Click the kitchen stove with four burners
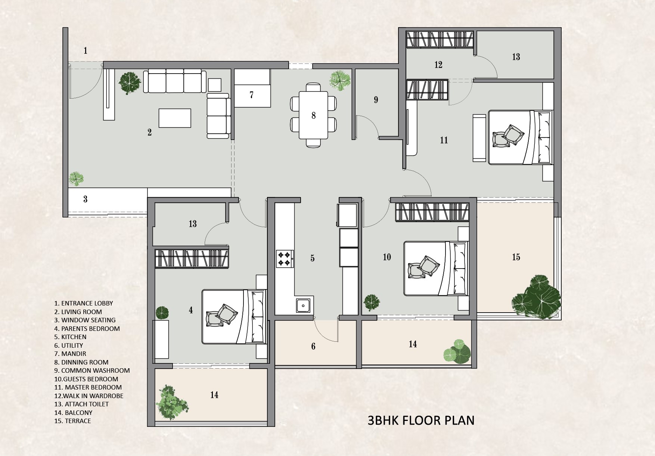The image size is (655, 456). [285, 259]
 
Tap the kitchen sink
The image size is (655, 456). [303, 305]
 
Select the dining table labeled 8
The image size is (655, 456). [313, 115]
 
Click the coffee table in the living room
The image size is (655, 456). [175, 118]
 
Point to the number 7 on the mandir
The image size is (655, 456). [252, 95]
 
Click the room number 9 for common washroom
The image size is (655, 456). [376, 100]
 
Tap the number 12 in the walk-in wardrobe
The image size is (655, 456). [438, 65]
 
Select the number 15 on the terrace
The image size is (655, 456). [516, 257]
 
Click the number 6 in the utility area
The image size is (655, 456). [313, 347]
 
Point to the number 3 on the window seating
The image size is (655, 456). [86, 199]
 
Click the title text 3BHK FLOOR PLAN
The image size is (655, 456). [421, 420]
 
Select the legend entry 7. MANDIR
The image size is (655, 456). [70, 354]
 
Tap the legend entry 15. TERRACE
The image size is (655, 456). [72, 421]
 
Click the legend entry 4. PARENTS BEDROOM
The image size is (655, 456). [87, 329]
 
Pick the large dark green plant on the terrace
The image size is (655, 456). [536, 297]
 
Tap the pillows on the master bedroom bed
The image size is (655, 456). [507, 135]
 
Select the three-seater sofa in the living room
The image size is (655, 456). [175, 81]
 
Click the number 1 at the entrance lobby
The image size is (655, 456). [86, 50]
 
